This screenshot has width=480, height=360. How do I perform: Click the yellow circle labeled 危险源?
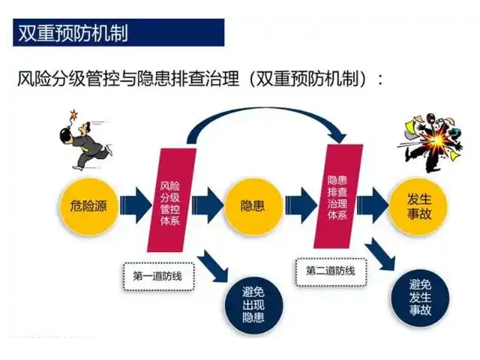(88, 206)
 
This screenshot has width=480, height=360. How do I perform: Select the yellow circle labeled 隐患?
(253, 206)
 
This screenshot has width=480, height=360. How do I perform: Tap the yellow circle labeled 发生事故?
(419, 206)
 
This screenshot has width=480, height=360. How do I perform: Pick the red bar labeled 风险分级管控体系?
(172, 200)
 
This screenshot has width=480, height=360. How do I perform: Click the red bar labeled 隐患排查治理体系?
(338, 196)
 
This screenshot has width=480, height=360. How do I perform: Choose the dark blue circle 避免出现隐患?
(253, 305)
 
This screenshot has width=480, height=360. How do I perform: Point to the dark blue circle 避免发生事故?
(420, 298)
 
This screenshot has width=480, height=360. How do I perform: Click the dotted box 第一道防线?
(158, 277)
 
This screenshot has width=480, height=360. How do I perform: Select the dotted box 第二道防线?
(331, 271)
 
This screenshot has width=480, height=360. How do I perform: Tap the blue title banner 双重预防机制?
(118, 32)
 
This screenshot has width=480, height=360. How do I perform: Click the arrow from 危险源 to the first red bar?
(136, 205)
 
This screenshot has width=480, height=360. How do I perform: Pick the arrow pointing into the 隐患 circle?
(208, 205)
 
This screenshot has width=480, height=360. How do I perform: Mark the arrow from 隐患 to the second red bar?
(301, 205)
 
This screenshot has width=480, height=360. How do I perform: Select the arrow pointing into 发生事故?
(373, 205)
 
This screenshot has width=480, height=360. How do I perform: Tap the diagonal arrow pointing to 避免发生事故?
(379, 253)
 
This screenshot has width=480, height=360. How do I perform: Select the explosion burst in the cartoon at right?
(438, 142)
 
